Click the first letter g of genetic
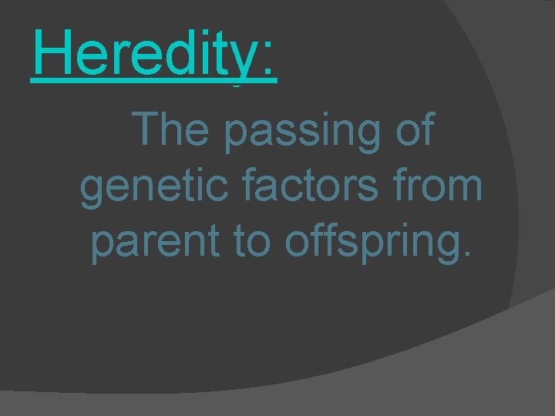(92, 193)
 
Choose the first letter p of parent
(103, 248)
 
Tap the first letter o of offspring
(297, 245)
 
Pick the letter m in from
(465, 190)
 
